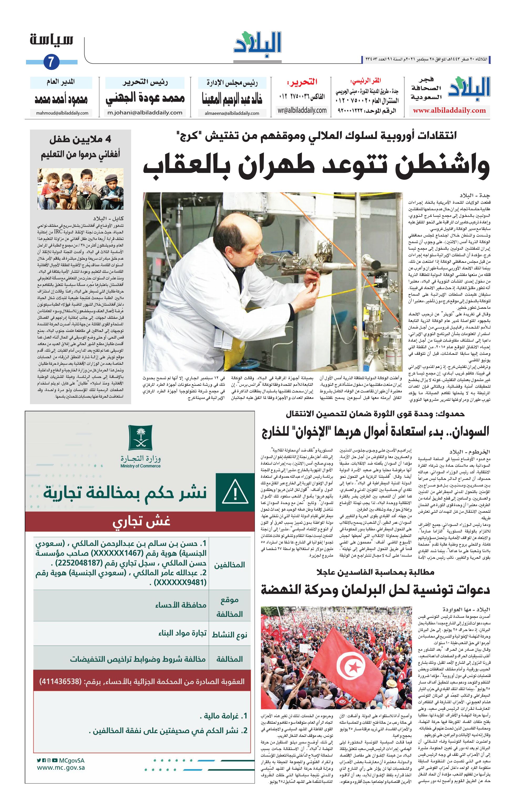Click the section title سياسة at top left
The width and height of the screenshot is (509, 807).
pyautogui.click(x=51, y=40)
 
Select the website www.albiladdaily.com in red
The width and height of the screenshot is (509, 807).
pyautogui.click(x=449, y=111)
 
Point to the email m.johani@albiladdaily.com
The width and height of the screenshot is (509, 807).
pyautogui.click(x=145, y=113)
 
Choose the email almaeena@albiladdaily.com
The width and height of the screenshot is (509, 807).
pyautogui.click(x=232, y=113)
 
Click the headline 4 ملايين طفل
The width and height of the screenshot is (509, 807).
pyautogui.click(x=80, y=140)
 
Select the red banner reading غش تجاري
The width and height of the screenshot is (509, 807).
pyautogui.click(x=142, y=522)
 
